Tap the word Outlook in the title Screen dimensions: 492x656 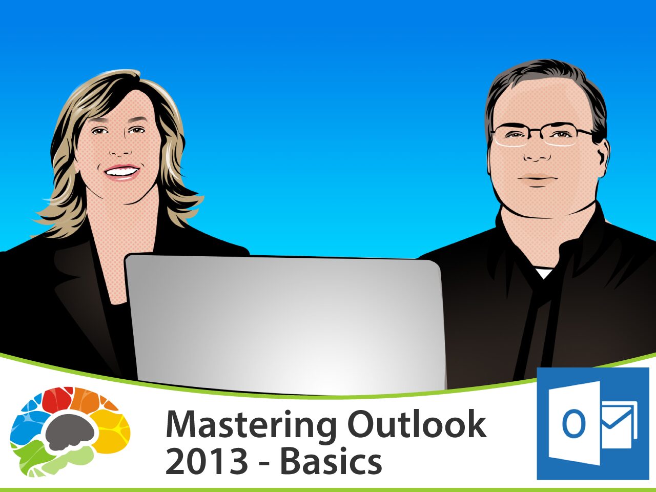pyautogui.click(x=416, y=424)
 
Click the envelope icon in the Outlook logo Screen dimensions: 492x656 pyautogui.click(x=619, y=423)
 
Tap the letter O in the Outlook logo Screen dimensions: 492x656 pyautogui.click(x=573, y=424)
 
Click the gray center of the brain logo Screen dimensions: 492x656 pyautogui.click(x=69, y=430)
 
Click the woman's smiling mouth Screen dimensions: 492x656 pyautogui.click(x=121, y=172)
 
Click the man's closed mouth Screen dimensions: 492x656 pyautogui.click(x=537, y=179)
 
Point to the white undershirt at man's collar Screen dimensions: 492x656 pyautogui.click(x=544, y=273)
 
